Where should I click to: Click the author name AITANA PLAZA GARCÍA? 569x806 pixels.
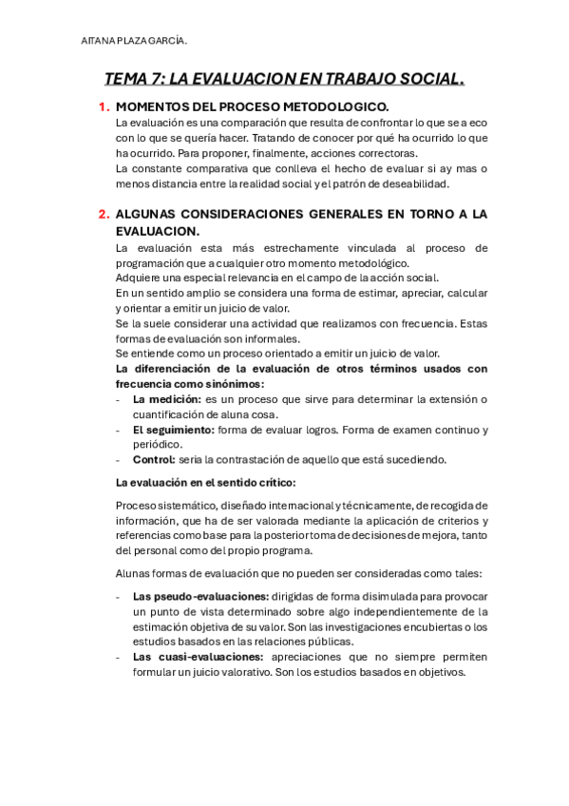click(x=135, y=40)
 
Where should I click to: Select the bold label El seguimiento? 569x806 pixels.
click(x=173, y=430)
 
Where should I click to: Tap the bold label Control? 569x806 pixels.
click(x=153, y=460)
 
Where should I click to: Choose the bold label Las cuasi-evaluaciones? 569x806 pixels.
click(x=198, y=657)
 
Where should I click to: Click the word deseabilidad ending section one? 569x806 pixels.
click(x=413, y=183)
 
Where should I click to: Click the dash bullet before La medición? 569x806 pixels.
click(x=117, y=399)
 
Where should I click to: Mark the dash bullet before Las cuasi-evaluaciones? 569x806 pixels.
click(x=117, y=657)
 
